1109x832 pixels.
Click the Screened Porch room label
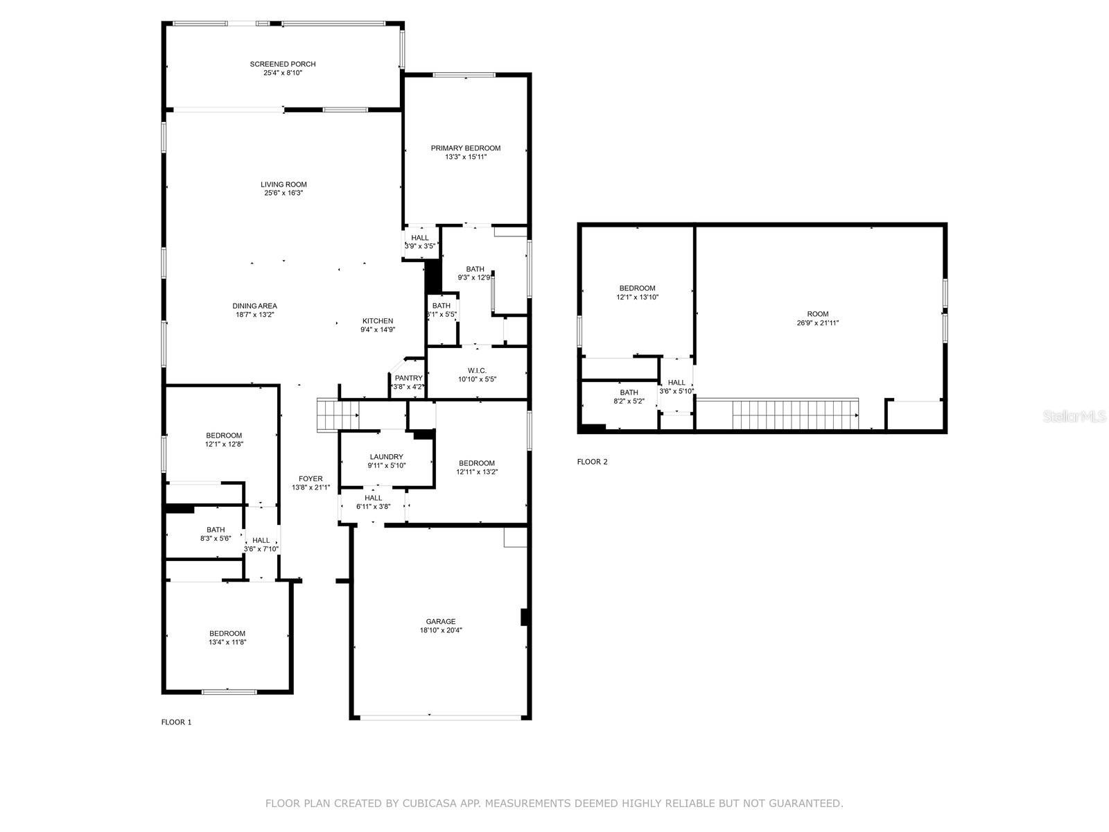(x=283, y=64)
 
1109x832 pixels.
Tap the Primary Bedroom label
(x=465, y=148)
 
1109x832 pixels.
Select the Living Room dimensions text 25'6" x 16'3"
(x=283, y=193)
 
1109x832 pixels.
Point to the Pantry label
(x=408, y=378)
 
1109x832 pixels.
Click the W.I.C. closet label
(x=477, y=370)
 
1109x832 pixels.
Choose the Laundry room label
(x=386, y=457)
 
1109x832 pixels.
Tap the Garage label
(x=440, y=622)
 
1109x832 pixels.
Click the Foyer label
(x=311, y=479)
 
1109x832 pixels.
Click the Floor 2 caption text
(x=592, y=462)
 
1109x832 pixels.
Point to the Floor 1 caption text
(x=176, y=722)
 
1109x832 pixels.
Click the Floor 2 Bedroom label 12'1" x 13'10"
(x=637, y=288)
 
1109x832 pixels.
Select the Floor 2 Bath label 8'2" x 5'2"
(x=629, y=393)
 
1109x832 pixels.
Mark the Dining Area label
(x=254, y=306)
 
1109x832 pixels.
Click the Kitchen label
(x=377, y=321)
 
